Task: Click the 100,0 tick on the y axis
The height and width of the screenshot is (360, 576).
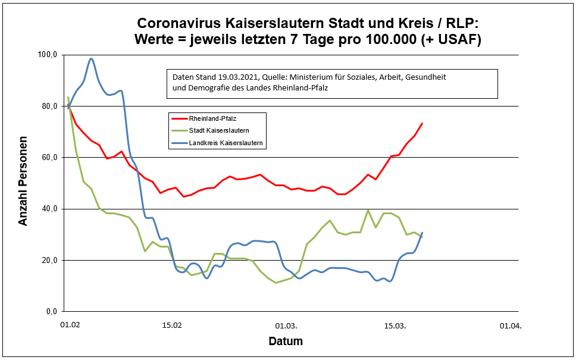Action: (x=46, y=55)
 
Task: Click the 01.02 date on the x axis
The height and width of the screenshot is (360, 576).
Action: (x=70, y=325)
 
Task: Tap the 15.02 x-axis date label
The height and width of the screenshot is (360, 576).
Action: (x=173, y=325)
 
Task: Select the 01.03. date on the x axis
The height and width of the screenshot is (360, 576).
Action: (x=286, y=325)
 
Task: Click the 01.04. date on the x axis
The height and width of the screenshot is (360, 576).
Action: (x=510, y=325)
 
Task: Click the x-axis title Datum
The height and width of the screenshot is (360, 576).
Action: (x=286, y=342)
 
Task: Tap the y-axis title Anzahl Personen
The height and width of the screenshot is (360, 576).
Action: (x=24, y=183)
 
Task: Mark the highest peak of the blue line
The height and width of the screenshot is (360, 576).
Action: (x=91, y=58)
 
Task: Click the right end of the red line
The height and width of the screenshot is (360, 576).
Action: (x=422, y=123)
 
